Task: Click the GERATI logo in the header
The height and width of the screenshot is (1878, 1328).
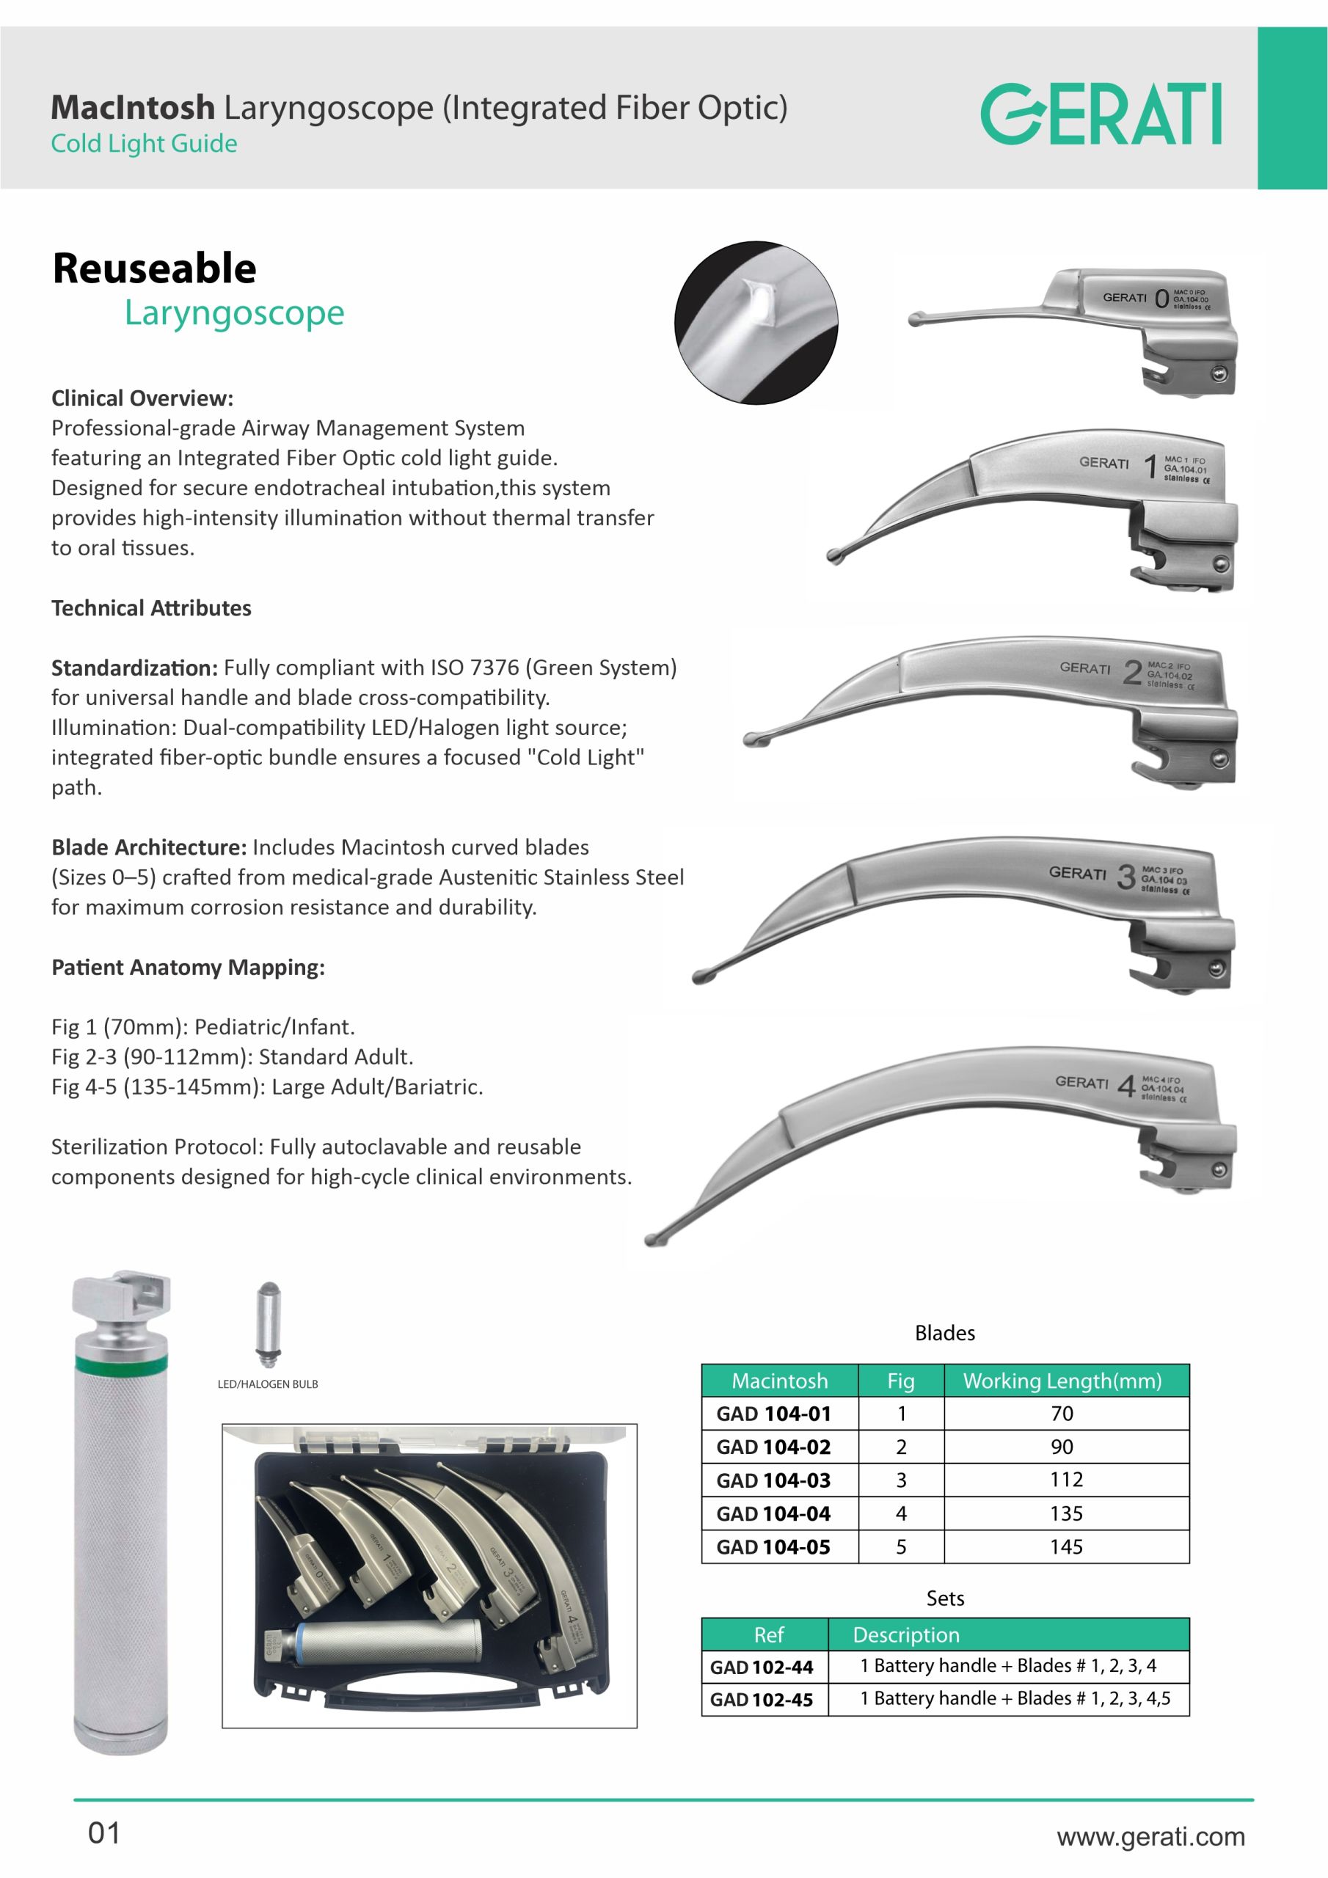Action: click(x=1101, y=113)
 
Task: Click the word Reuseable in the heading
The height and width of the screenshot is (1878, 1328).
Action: click(x=154, y=268)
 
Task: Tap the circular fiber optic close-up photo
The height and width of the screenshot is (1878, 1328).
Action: click(x=755, y=322)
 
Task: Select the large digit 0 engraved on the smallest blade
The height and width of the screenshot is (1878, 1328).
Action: click(x=1161, y=299)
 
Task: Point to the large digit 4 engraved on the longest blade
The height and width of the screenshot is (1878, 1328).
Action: click(x=1126, y=1086)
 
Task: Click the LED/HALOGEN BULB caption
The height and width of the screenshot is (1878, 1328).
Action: click(x=268, y=1384)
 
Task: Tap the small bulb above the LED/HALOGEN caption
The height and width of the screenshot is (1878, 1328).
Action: click(x=269, y=1323)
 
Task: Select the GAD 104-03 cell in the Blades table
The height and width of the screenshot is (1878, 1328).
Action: click(x=773, y=1480)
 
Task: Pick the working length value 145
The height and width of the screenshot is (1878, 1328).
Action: click(x=1066, y=1546)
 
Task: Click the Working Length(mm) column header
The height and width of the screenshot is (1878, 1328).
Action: click(x=1062, y=1381)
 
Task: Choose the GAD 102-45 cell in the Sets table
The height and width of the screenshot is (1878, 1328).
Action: click(x=762, y=1700)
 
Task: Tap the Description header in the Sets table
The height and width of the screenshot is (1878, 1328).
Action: click(x=906, y=1635)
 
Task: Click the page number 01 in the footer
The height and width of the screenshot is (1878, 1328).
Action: click(x=104, y=1833)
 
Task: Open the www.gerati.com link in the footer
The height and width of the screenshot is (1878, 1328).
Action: click(x=1150, y=1836)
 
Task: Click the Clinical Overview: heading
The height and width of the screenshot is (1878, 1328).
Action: click(x=142, y=398)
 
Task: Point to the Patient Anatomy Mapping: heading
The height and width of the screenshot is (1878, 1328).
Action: click(x=189, y=968)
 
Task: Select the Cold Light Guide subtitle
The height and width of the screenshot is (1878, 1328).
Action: click(x=144, y=144)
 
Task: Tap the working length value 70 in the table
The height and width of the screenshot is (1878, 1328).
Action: click(x=1062, y=1414)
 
